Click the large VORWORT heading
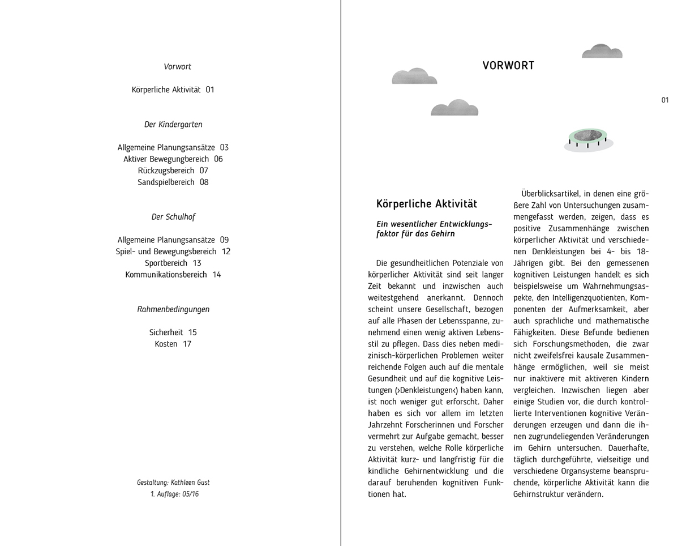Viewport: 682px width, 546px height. tap(508, 66)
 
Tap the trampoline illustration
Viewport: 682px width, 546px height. tap(588, 139)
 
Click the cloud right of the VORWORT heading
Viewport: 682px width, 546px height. tap(602, 52)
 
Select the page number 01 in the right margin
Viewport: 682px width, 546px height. tap(664, 100)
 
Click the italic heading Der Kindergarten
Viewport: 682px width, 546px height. tap(173, 125)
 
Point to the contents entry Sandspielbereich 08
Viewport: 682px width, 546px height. tap(173, 182)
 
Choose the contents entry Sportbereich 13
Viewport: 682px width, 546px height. tap(173, 263)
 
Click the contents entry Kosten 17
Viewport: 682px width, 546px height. tap(173, 344)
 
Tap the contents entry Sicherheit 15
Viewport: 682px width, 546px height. tap(173, 332)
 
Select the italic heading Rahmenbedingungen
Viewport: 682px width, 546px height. tap(173, 309)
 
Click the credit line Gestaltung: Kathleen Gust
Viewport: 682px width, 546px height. tap(173, 483)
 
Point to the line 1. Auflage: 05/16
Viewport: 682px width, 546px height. tap(174, 494)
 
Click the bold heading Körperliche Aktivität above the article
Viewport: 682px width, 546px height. tap(426, 204)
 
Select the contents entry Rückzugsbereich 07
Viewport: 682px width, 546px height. tap(173, 170)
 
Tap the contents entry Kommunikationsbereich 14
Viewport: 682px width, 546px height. tap(173, 275)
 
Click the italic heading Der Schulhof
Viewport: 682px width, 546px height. tap(173, 217)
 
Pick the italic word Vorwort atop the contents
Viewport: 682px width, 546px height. tap(177, 67)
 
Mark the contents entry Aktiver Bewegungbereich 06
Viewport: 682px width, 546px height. tap(173, 159)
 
